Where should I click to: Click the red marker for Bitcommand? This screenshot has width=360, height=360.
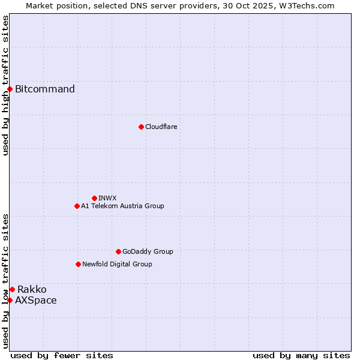10,89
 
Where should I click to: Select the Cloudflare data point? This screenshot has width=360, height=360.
141,127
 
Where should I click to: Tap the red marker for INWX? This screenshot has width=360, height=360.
94,198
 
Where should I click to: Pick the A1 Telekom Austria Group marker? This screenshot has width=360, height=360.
77,206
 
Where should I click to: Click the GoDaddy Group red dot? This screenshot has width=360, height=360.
118,251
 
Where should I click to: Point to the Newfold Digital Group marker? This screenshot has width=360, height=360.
78,264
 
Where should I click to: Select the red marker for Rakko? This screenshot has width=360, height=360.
12,290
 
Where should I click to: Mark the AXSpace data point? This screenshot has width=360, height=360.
10,300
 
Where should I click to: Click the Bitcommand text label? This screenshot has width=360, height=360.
45,89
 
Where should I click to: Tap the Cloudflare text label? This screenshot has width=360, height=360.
161,127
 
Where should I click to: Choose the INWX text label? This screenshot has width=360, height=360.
107,198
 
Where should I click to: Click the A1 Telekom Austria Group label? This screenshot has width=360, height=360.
122,206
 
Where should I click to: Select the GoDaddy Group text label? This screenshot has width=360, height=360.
148,251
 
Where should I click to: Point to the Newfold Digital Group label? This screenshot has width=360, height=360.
117,264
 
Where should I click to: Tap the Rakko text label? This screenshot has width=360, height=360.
32,290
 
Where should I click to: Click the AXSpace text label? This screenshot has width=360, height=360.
36,300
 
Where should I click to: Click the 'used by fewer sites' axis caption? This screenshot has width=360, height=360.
62,355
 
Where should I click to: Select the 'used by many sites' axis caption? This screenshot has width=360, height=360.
301,355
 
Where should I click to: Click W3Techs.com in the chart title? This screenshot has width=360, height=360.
310,5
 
